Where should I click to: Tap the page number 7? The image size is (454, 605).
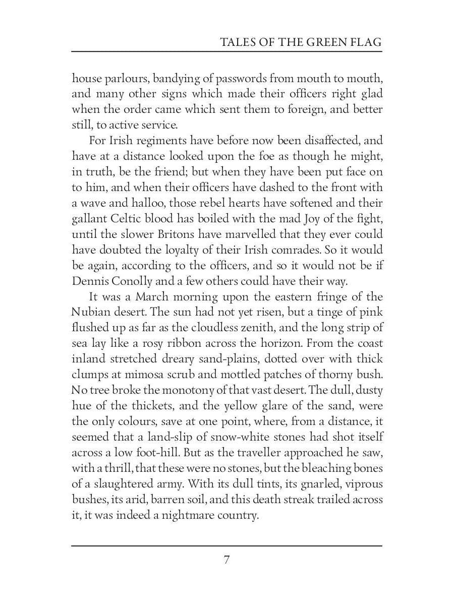[x=226, y=560]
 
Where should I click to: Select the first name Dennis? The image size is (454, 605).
[x=88, y=281]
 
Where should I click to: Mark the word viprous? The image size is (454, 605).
[x=363, y=485]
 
